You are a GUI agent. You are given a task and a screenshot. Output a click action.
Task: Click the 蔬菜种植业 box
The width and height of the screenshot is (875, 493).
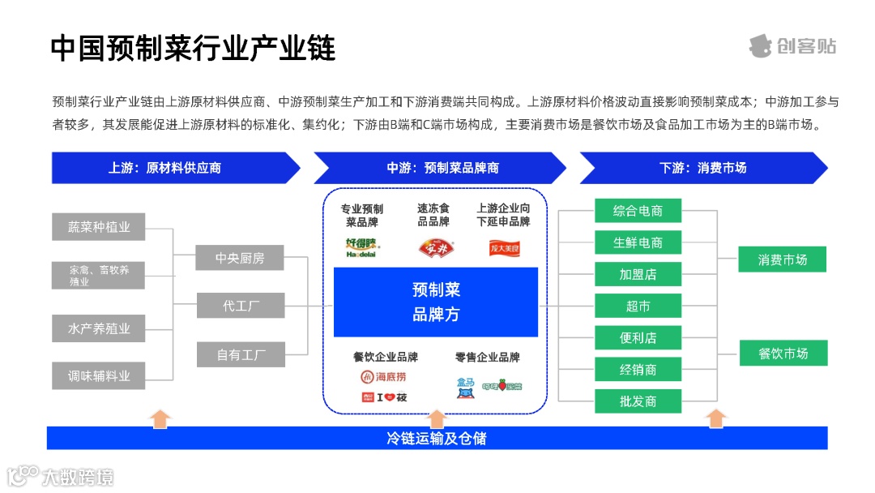click(x=99, y=227)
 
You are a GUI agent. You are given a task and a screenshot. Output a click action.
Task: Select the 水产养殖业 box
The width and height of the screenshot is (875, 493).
click(x=99, y=328)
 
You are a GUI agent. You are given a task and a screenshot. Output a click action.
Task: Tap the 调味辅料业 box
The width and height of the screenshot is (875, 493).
click(x=99, y=375)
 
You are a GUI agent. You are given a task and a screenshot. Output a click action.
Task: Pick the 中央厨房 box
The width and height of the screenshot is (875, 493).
click(x=240, y=258)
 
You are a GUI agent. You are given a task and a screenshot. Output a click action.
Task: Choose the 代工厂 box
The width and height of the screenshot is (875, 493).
click(x=240, y=306)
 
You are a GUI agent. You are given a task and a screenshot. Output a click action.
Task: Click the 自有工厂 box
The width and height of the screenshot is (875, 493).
click(x=240, y=354)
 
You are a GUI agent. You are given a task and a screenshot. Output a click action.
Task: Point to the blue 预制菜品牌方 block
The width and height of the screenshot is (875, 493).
click(x=436, y=302)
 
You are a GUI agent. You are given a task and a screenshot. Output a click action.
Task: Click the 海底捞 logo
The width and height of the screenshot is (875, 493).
click(x=384, y=376)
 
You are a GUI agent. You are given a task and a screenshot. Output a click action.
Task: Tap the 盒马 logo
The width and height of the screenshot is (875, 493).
click(x=465, y=388)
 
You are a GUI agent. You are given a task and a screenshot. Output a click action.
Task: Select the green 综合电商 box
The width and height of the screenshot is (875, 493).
click(x=638, y=211)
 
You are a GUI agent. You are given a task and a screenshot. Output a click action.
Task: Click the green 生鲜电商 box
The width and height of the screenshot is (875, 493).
click(x=638, y=242)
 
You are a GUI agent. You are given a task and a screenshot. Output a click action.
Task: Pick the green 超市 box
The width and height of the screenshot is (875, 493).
click(x=638, y=306)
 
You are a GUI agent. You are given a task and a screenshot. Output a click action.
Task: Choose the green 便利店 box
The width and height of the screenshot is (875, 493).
click(x=638, y=337)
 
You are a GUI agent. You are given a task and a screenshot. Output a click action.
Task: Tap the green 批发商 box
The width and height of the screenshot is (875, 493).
click(x=638, y=401)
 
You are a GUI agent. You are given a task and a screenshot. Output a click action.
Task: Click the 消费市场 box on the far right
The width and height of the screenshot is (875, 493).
click(x=783, y=259)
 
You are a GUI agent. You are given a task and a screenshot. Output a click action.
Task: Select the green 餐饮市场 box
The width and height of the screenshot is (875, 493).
click(x=783, y=354)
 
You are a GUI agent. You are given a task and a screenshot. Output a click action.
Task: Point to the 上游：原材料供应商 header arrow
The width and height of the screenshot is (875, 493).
click(x=165, y=168)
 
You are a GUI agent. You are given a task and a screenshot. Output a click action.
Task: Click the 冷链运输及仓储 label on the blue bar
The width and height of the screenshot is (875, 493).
click(x=437, y=439)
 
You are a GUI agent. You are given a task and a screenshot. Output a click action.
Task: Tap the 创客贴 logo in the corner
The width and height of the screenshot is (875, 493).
click(x=792, y=45)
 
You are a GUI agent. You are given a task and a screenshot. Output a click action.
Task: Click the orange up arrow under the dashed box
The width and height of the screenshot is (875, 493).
click(x=437, y=418)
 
